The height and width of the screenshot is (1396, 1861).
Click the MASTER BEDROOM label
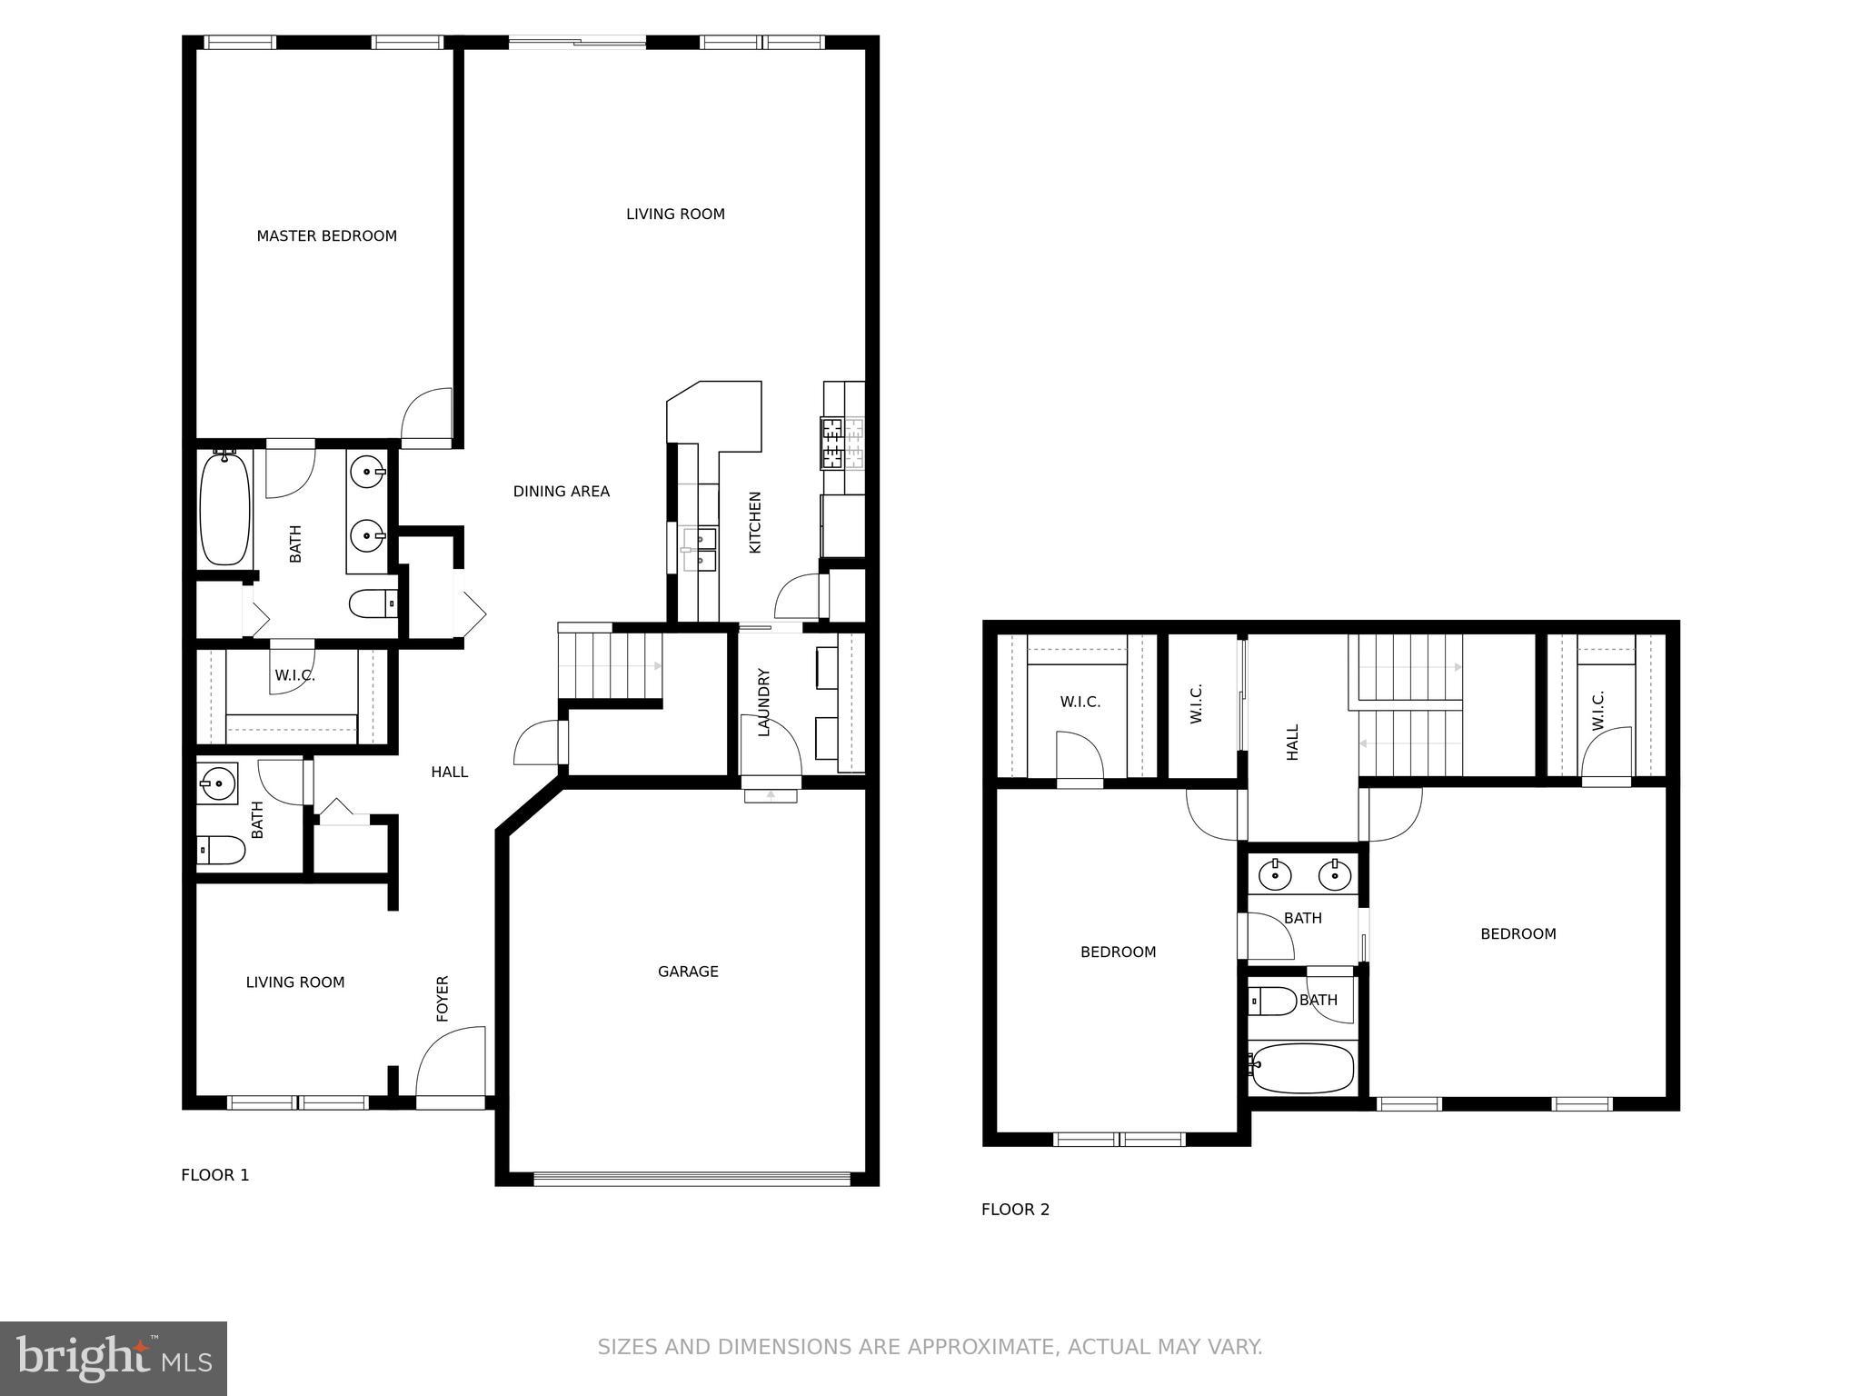coord(326,236)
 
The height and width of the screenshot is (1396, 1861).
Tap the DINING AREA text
coord(561,492)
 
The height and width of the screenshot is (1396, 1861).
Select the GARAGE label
coord(688,972)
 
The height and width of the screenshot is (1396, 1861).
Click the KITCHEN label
coord(754,523)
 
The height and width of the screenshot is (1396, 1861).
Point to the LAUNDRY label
coord(763,703)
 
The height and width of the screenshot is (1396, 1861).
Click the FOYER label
coord(443,998)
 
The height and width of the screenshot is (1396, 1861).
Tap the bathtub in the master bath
coord(224,509)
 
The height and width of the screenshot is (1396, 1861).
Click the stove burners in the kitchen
coord(831,443)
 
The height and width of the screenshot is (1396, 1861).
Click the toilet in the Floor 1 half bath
coord(221,851)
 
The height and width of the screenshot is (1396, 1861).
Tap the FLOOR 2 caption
coord(1015,1210)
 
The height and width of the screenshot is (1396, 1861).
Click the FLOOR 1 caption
coord(214,1175)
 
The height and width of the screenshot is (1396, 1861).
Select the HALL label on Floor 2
coord(1292,742)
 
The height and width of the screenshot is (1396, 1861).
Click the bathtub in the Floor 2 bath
coord(1303,1068)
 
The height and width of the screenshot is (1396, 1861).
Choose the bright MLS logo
coord(113,1359)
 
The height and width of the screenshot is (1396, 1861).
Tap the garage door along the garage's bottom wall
coord(691,1179)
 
